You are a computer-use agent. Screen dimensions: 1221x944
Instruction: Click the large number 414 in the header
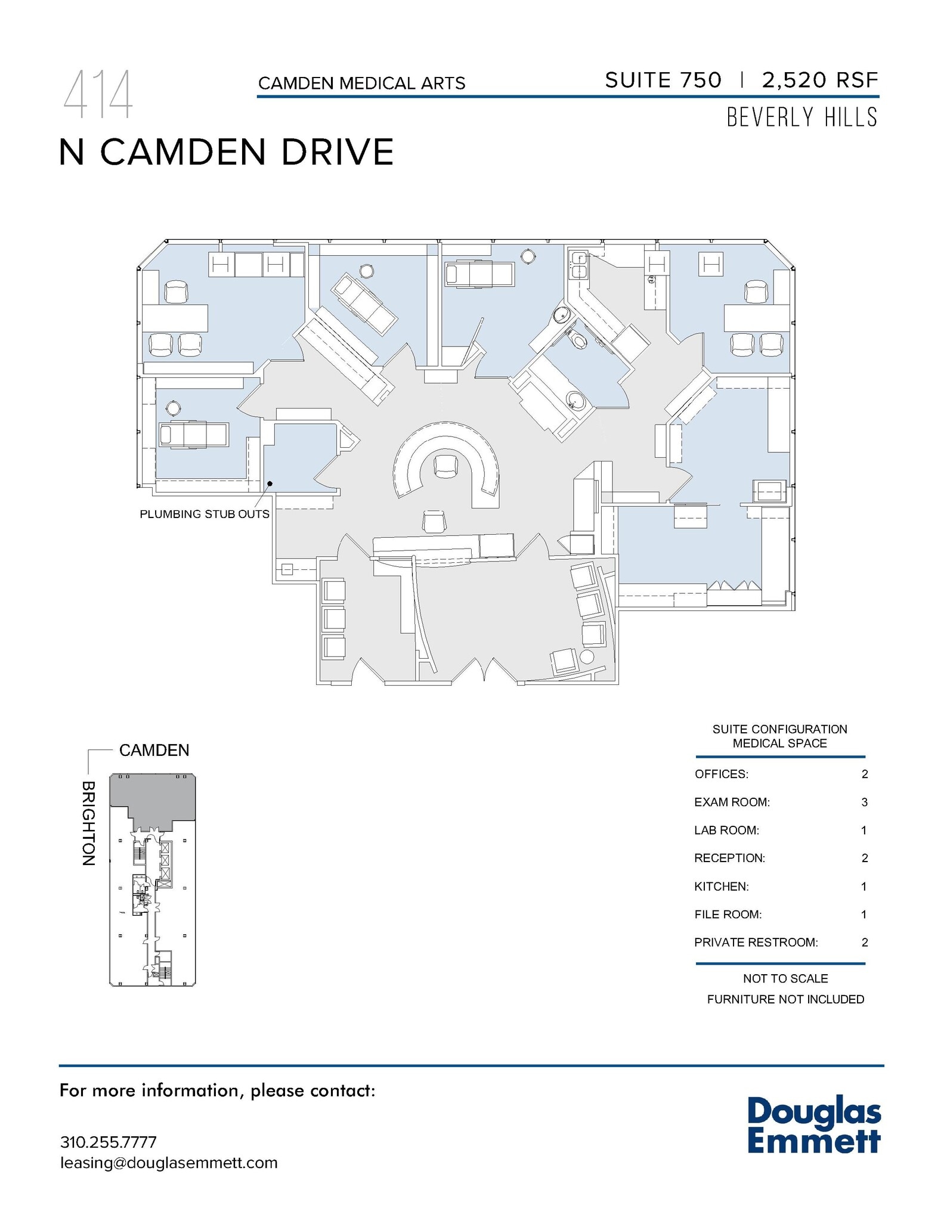pos(98,95)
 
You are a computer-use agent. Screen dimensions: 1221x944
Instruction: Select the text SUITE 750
pos(663,80)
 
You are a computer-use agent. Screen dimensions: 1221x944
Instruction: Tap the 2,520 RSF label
pos(819,80)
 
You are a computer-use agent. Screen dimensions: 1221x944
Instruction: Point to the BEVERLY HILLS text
pos(801,117)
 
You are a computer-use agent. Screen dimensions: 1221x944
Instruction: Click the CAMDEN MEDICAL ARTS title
pos(361,83)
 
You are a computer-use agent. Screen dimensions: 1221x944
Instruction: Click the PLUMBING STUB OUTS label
pos(204,514)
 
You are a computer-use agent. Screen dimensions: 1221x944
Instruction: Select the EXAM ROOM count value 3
pos(864,802)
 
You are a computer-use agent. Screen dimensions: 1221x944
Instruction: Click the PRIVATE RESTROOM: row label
pos(756,942)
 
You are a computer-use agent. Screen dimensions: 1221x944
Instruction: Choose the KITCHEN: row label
pos(721,886)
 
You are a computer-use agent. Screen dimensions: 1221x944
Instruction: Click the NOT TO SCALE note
pos(785,978)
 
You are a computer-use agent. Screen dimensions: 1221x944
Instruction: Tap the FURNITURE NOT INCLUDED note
pos(785,999)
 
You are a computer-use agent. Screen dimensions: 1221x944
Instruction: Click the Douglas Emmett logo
pos(813,1124)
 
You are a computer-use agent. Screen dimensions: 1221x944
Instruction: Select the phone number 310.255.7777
pos(108,1142)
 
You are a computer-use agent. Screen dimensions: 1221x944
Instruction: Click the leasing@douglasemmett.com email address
pos(169,1163)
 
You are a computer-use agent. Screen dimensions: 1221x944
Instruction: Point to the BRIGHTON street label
pos(88,823)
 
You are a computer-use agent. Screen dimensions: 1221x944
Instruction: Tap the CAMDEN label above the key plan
pos(154,750)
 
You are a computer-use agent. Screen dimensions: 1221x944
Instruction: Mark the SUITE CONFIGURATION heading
pos(779,729)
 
